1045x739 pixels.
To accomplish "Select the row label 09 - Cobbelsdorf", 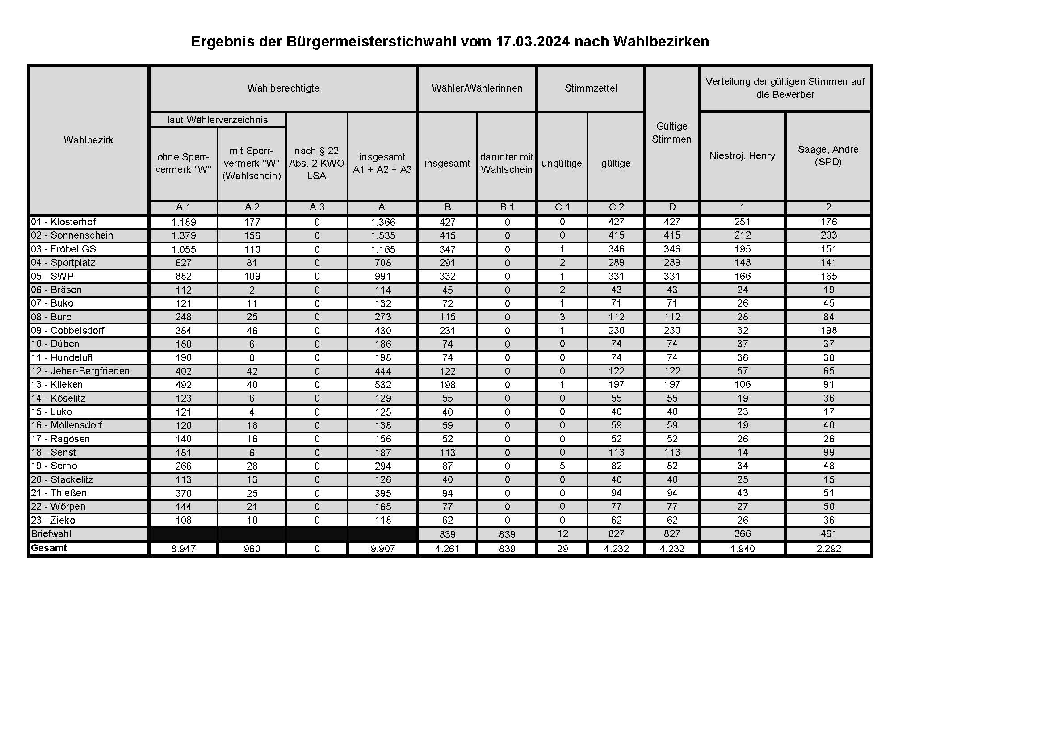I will [x=67, y=330].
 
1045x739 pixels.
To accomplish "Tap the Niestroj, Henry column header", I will [x=742, y=155].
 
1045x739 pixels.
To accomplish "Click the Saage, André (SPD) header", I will [x=828, y=155].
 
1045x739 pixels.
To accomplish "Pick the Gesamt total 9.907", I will [x=382, y=549].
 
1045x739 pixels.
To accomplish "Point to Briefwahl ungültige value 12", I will [x=562, y=534].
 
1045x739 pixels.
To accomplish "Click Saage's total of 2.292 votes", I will [x=828, y=549].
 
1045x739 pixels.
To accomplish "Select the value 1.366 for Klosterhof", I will [x=382, y=222].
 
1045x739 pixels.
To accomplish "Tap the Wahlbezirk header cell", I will [x=88, y=140].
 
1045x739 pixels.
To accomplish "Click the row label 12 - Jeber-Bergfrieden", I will [x=80, y=371].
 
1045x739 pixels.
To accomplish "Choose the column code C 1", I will [x=562, y=207].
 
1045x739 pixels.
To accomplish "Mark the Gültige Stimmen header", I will [x=671, y=132].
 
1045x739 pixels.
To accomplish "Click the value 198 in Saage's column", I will [x=828, y=330].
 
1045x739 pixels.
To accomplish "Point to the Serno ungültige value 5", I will [x=562, y=466].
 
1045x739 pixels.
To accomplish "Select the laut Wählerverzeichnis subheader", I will [x=218, y=120].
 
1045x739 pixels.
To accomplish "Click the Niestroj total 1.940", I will [x=743, y=549].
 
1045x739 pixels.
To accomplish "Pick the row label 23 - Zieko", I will [x=53, y=520].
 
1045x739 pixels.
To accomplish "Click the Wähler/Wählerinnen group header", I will [x=477, y=88].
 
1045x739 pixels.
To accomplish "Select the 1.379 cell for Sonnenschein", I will [x=184, y=236].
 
